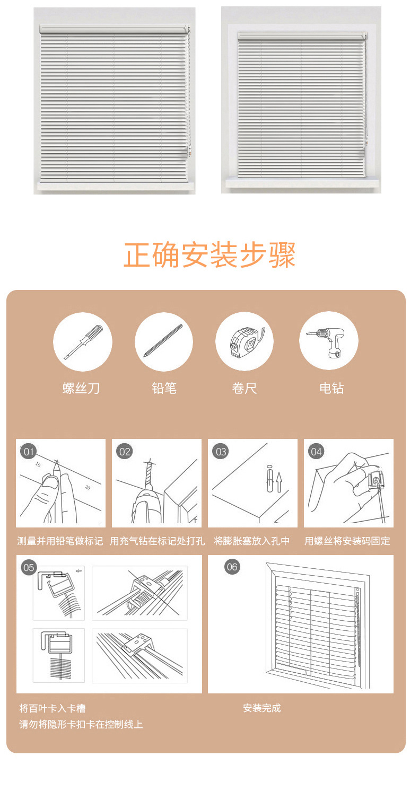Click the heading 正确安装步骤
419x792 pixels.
click(210, 255)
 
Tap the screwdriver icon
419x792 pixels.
click(83, 342)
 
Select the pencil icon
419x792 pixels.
click(163, 342)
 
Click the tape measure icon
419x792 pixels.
click(244, 341)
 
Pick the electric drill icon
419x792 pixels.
click(329, 341)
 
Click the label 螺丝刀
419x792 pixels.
click(81, 389)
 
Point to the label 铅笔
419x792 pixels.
click(163, 389)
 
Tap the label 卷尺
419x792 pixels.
click(244, 389)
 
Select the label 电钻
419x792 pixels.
click(331, 389)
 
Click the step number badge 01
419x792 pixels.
click(29, 452)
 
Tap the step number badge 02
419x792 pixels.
click(125, 452)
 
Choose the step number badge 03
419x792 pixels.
click(221, 452)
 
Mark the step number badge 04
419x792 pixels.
click(317, 452)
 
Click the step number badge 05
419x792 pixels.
click(29, 568)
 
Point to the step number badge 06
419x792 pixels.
click(232, 567)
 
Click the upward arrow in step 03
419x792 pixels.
click(280, 483)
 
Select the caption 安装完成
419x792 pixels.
click(262, 708)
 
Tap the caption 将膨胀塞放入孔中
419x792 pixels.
click(252, 541)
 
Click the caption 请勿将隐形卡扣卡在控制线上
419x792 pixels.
click(81, 724)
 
